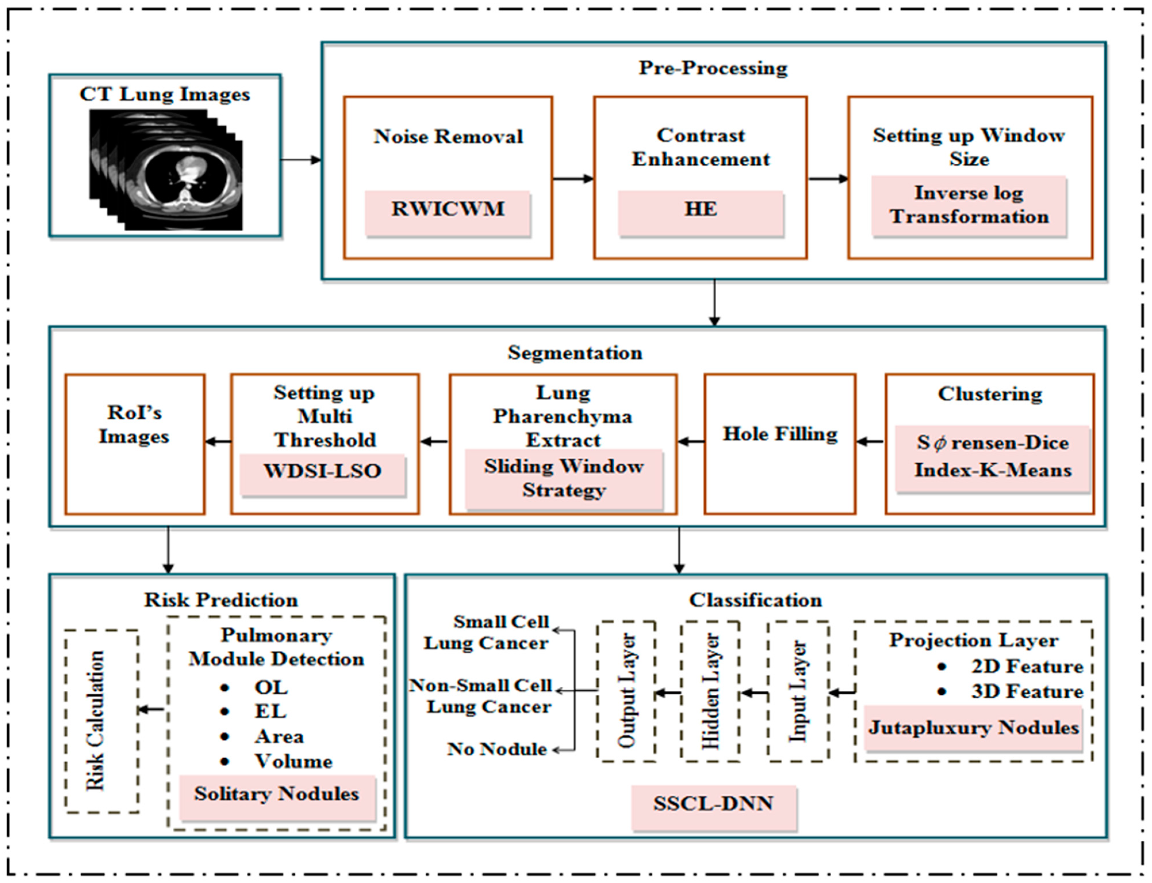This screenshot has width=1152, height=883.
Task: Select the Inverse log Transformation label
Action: point(969,205)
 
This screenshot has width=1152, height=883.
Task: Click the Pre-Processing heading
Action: point(713,68)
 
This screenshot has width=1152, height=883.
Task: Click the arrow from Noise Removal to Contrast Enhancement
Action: point(573,179)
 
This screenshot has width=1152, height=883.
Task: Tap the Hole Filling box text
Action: point(780,434)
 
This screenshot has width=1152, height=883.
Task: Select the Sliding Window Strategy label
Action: point(564,478)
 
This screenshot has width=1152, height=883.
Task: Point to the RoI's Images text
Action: point(135,425)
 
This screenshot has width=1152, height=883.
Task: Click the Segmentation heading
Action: point(575,353)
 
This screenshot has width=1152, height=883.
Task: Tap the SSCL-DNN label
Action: point(713,804)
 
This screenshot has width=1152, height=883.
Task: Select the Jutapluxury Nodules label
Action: point(973,728)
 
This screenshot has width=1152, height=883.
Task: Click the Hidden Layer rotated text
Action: point(710,691)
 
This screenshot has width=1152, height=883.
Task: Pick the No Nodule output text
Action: point(497,749)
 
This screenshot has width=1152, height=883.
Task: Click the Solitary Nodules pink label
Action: point(277,794)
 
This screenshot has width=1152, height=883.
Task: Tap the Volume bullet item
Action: point(293,761)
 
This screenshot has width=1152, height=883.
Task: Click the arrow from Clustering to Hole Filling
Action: point(870,441)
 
